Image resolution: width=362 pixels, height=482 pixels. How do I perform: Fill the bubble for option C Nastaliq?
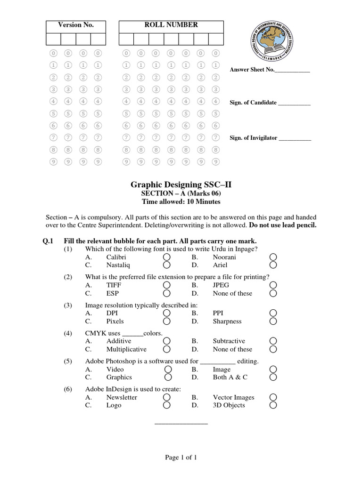[x=167, y=265]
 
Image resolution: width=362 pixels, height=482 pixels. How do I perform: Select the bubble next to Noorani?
[x=273, y=257]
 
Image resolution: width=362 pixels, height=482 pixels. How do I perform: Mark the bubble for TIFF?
[x=167, y=285]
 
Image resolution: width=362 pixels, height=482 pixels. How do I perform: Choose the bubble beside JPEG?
[x=273, y=285]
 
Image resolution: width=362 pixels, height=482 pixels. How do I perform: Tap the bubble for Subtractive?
[x=273, y=341]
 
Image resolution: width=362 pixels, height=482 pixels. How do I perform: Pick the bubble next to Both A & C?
[x=273, y=377]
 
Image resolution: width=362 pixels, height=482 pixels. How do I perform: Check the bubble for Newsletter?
[x=167, y=397]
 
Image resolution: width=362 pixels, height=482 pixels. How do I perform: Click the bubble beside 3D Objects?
[x=273, y=405]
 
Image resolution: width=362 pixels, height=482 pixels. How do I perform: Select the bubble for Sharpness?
[x=273, y=321]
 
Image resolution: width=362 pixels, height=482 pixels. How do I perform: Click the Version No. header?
[x=75, y=25]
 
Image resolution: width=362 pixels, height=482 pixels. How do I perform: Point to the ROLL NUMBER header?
[x=171, y=25]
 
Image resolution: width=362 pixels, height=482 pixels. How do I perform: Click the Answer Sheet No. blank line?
[x=292, y=70]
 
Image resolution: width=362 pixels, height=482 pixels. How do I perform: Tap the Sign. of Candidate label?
[x=253, y=103]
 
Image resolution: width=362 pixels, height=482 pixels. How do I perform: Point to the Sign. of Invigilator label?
[x=254, y=138]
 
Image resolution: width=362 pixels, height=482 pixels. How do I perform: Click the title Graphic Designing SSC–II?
[x=181, y=185]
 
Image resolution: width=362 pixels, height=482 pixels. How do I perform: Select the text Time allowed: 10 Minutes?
[x=181, y=202]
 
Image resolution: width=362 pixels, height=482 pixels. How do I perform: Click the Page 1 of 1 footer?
[x=181, y=458]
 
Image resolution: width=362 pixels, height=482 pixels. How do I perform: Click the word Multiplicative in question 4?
[x=126, y=349]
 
